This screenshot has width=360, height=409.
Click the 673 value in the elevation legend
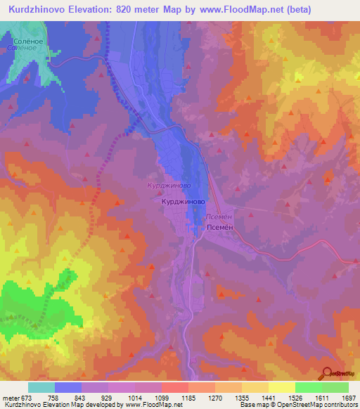point(25,398)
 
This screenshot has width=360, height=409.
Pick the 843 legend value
point(91,398)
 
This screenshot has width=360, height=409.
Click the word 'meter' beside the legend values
point(10,398)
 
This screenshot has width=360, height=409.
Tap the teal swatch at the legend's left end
point(41,387)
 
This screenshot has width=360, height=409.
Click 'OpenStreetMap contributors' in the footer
point(321,405)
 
